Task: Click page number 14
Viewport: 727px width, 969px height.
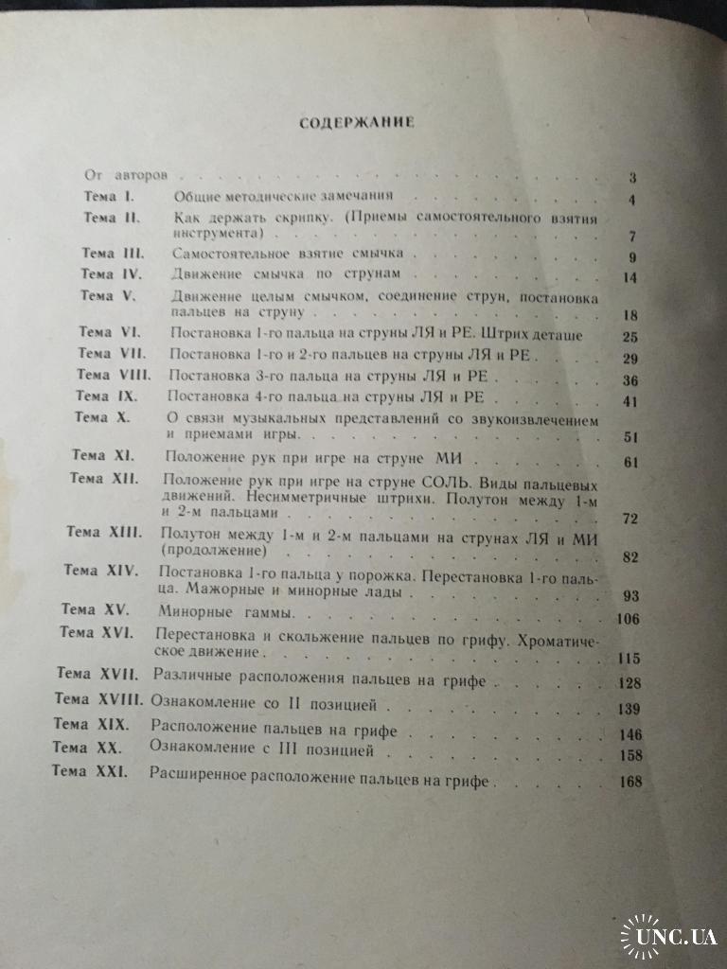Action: pos(633,277)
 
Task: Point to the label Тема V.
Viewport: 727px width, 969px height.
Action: pos(110,296)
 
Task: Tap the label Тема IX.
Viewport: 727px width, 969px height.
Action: pos(105,396)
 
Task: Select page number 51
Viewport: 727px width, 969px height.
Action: pos(632,436)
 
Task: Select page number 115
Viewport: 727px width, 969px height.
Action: pos(628,659)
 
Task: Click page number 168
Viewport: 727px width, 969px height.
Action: pos(627,781)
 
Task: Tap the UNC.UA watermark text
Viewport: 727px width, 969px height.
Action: pos(677,937)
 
